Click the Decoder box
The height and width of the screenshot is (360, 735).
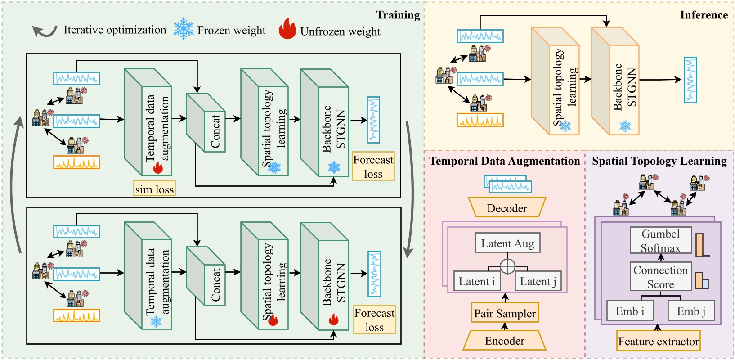click(x=507, y=208)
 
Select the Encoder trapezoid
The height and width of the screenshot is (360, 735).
click(x=505, y=341)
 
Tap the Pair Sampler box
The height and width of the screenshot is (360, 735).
click(x=505, y=313)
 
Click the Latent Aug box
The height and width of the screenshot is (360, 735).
click(x=507, y=243)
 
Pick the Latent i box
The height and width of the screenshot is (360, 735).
click(x=477, y=281)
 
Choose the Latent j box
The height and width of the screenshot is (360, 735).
click(x=538, y=281)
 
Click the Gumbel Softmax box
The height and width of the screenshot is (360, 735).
click(x=660, y=241)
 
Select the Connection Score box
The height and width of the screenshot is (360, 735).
click(x=660, y=277)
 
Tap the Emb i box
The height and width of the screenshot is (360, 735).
click(x=630, y=311)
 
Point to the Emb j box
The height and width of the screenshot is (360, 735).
click(x=691, y=311)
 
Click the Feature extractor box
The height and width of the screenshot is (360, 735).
click(x=659, y=341)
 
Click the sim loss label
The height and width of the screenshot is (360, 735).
click(x=154, y=189)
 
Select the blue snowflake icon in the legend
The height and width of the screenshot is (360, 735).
click(x=184, y=29)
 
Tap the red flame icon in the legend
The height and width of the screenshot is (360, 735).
click(x=287, y=29)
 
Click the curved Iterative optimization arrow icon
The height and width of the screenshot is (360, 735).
click(x=44, y=31)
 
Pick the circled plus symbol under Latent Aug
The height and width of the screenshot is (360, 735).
click(x=507, y=266)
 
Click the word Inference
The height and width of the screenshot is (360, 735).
click(x=704, y=15)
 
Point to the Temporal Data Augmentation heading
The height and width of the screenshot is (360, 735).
click(x=504, y=161)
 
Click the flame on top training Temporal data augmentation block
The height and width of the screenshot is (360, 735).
click(x=157, y=168)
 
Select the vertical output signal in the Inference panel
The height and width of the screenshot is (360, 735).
click(x=690, y=80)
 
